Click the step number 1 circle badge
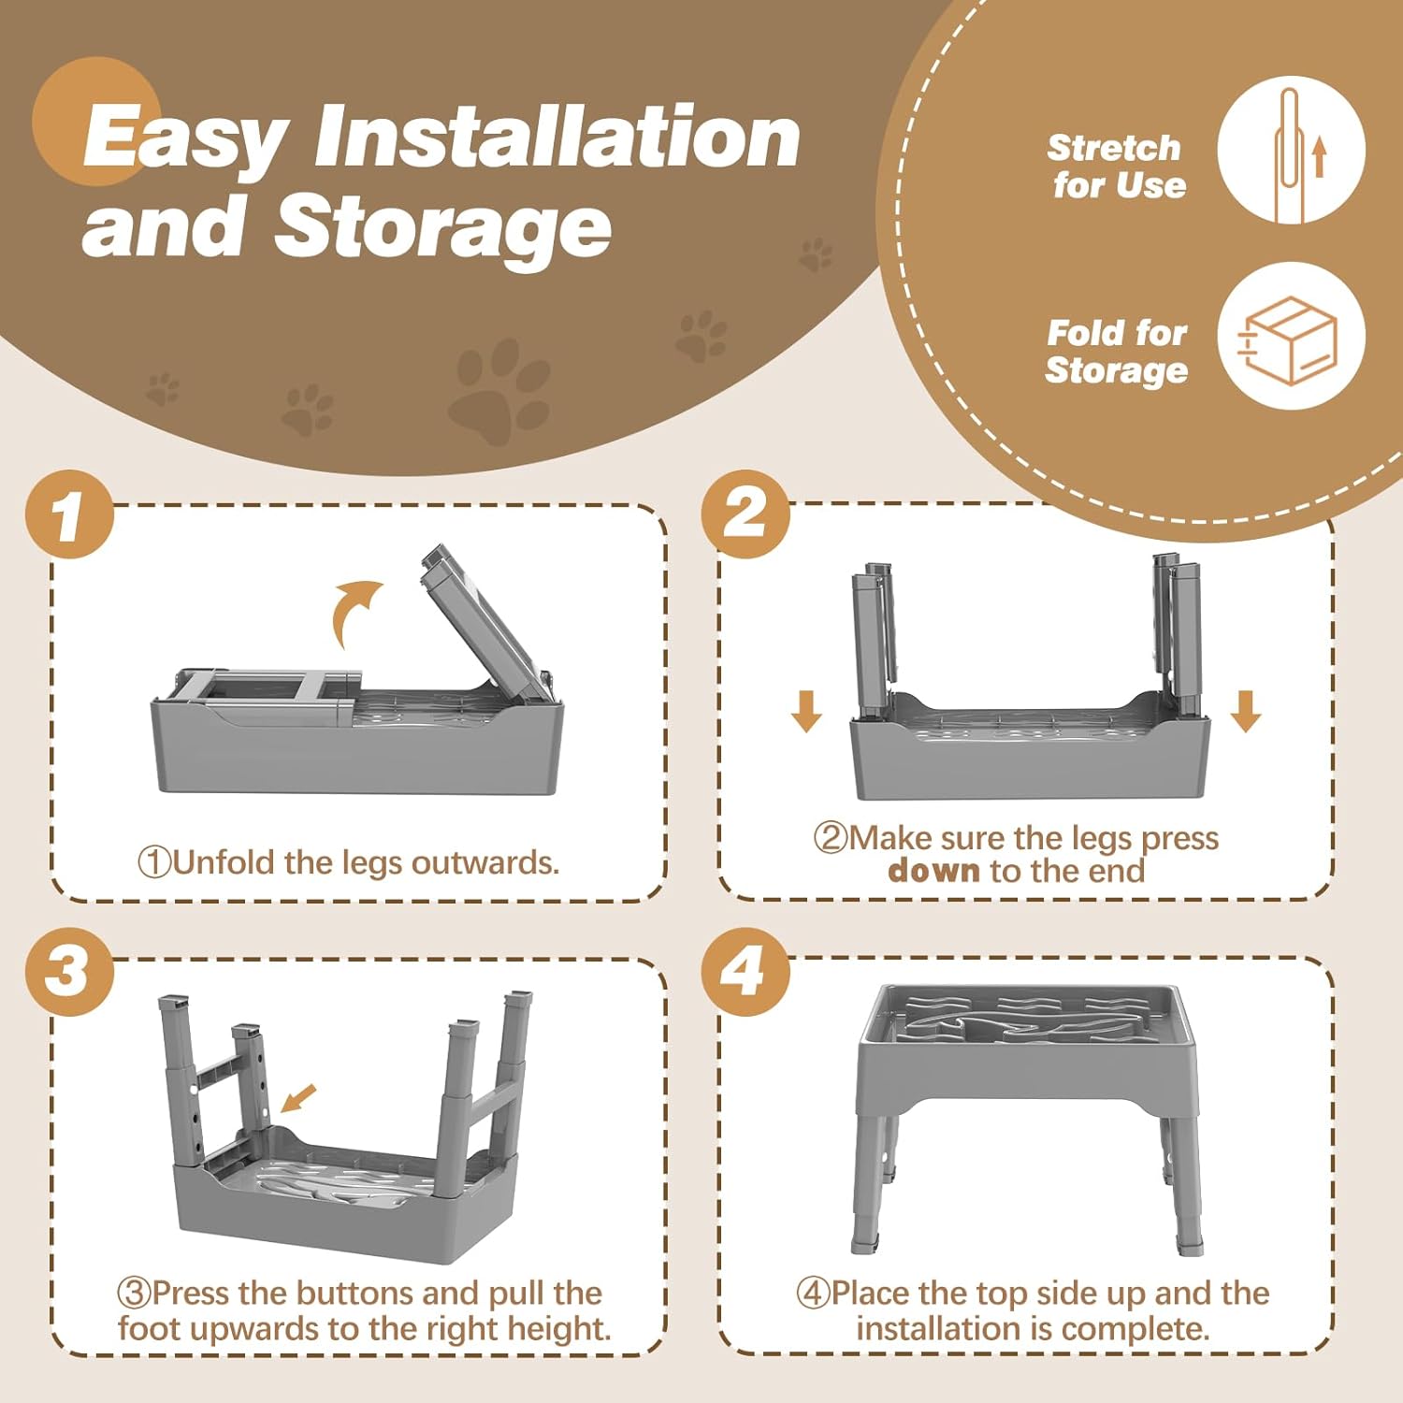point(70,514)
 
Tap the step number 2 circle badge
point(745,514)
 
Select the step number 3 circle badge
point(70,972)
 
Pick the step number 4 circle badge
point(745,972)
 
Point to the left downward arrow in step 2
point(806,711)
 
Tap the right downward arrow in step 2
point(1246,711)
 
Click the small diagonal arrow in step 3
point(299,1099)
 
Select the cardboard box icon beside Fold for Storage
point(1288,340)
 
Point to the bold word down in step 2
point(933,871)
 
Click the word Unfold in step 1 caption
point(224,861)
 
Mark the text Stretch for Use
point(1116,166)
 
